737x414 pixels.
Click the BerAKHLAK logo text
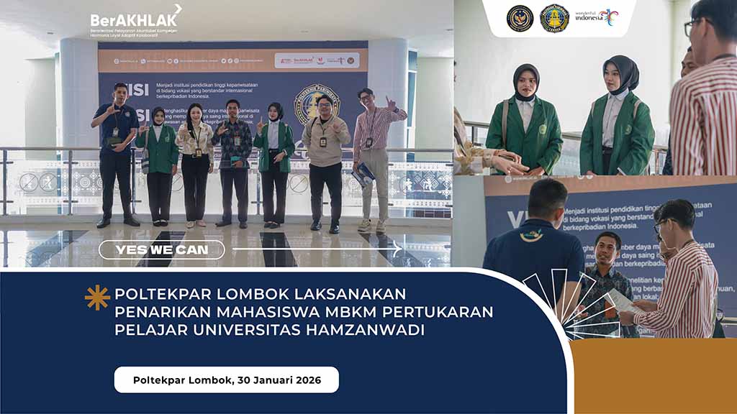coord(133,19)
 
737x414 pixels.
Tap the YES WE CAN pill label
coord(161,249)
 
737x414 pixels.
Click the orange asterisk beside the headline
coord(97,297)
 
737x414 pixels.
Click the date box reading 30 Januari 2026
coord(226,379)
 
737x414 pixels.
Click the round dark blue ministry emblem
coord(520,18)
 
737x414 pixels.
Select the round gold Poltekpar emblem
coord(554,18)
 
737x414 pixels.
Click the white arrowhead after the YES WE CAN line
coord(397,249)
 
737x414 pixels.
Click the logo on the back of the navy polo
coord(532,234)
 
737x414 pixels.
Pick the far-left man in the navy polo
coord(116,151)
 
